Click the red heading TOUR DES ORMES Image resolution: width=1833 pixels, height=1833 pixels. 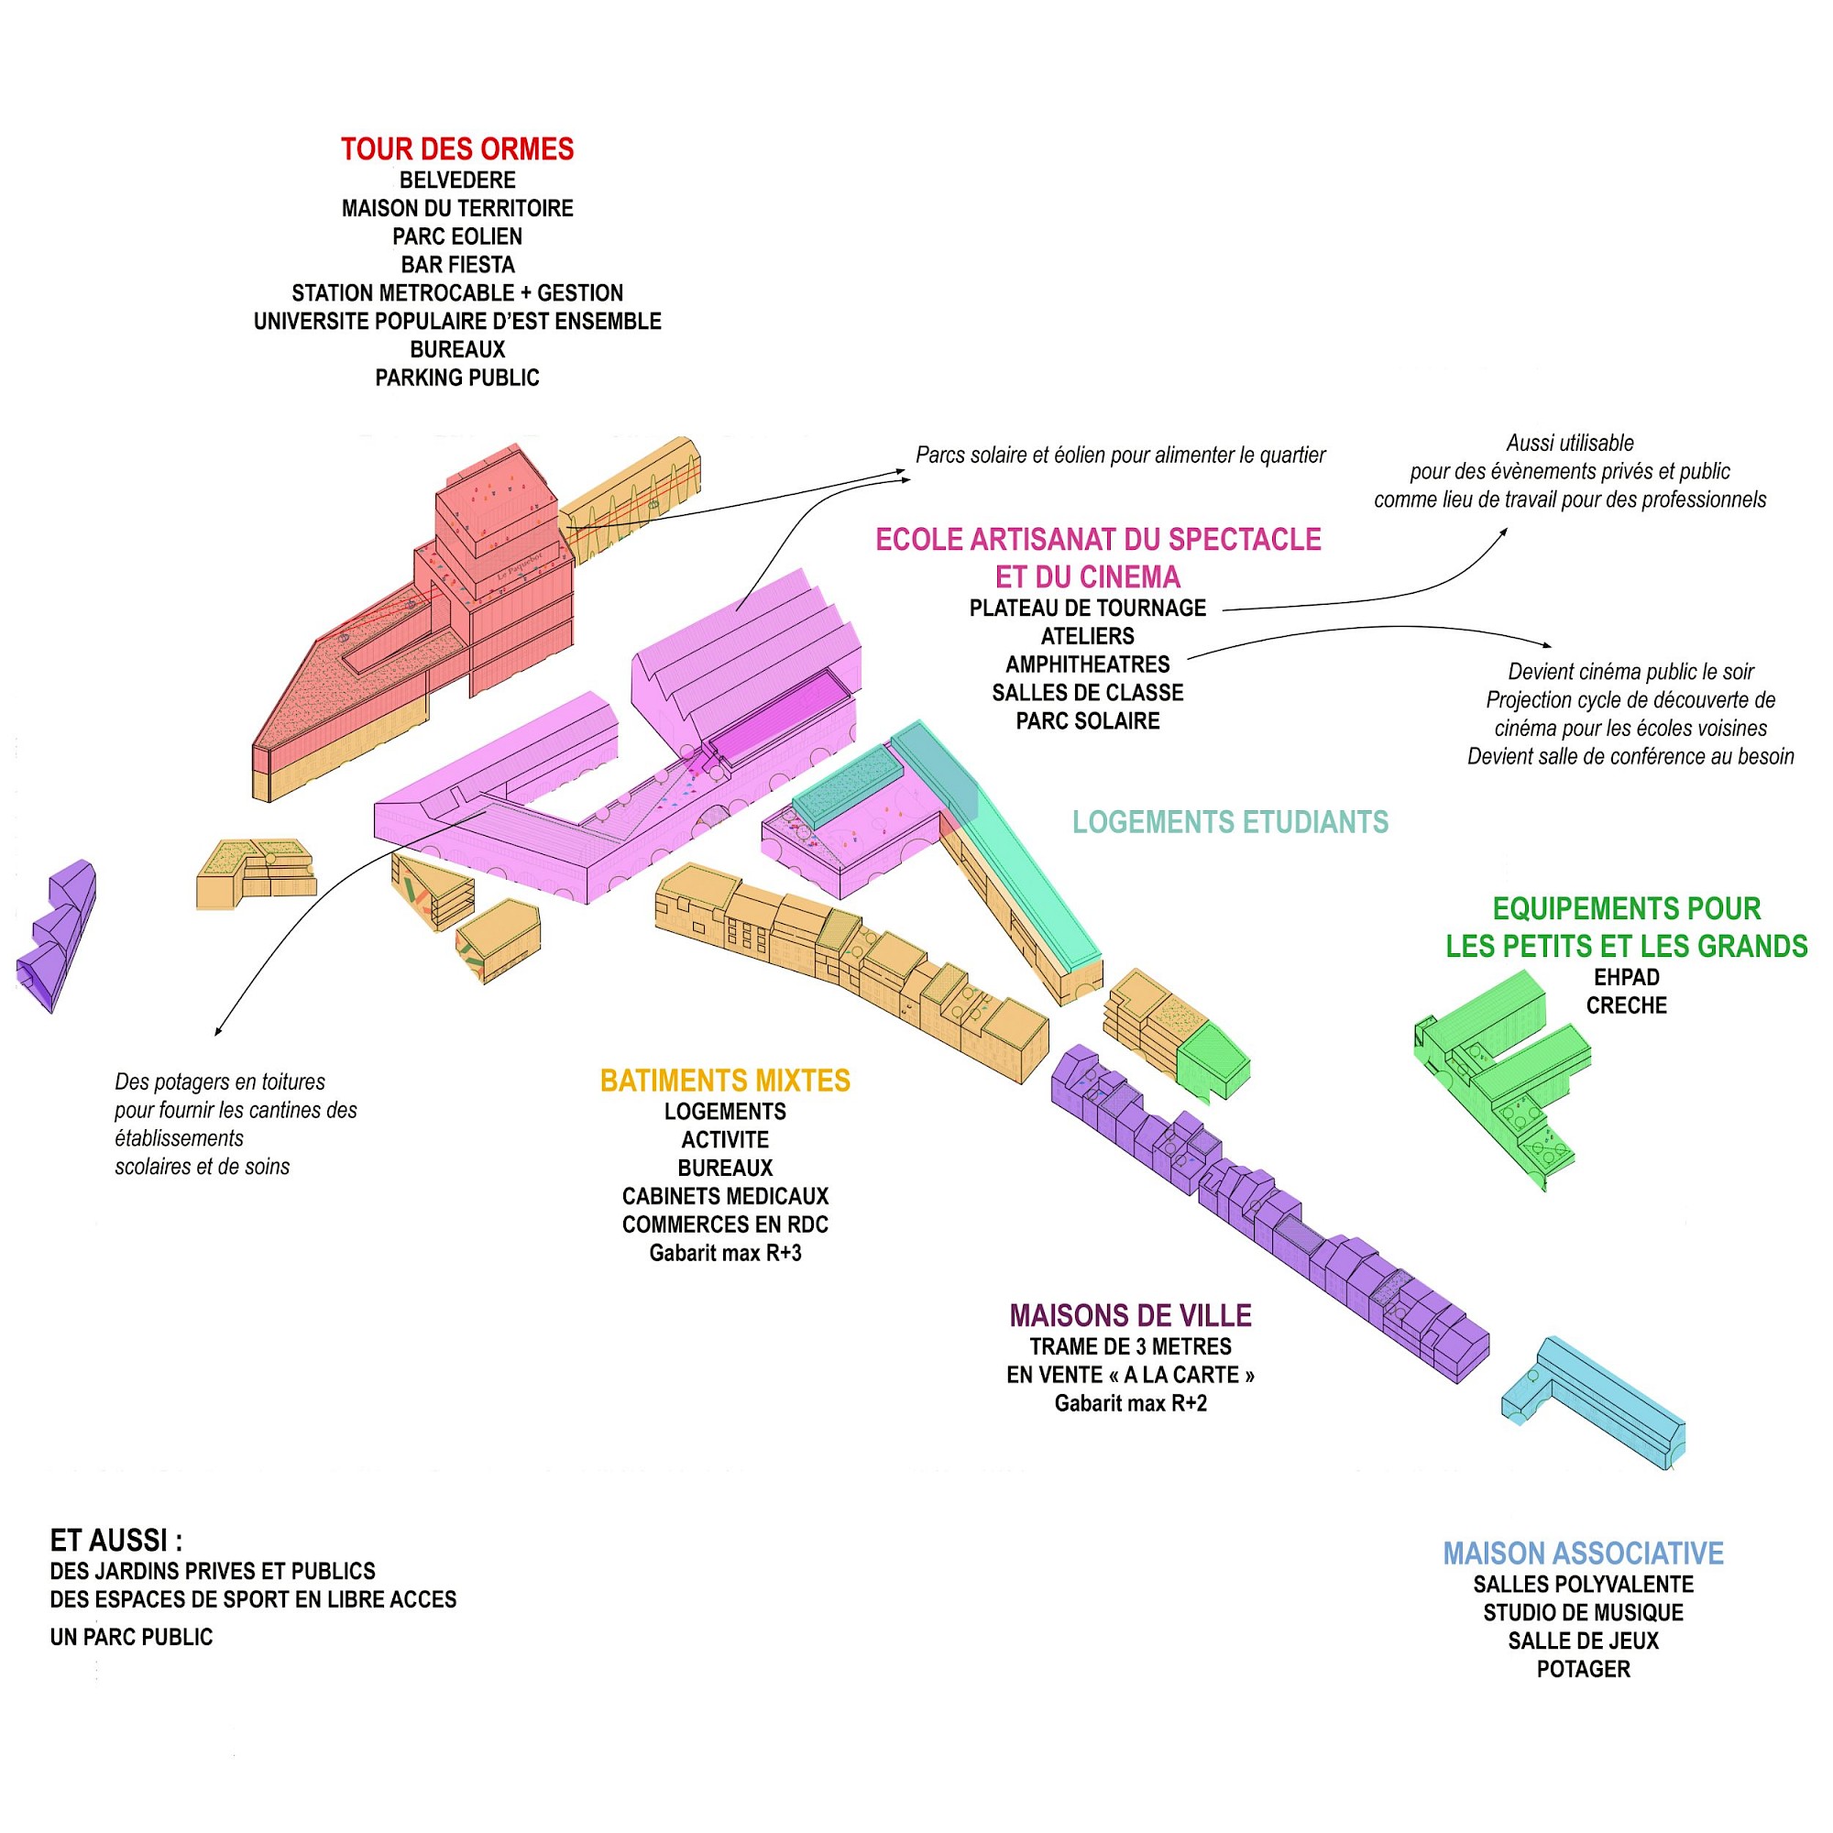coord(457,149)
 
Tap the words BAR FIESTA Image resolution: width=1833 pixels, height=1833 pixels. coord(457,265)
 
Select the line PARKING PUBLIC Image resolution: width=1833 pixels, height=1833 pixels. coord(457,378)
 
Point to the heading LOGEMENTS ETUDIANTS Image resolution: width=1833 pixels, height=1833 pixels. coord(1230,821)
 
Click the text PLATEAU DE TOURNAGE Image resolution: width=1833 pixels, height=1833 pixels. coord(1087,609)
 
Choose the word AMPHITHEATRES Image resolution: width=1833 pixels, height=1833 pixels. coord(1087,664)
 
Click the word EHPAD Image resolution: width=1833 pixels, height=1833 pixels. coord(1626,977)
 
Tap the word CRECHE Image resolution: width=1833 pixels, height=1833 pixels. coord(1626,1005)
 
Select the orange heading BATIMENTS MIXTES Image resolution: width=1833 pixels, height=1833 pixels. coord(725,1081)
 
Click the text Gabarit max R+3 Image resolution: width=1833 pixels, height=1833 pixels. coord(725,1253)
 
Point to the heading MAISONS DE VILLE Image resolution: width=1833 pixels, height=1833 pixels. coord(1130,1316)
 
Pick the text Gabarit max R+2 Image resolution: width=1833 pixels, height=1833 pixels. coord(1130,1403)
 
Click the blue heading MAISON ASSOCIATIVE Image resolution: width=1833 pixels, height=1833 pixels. coord(1583,1553)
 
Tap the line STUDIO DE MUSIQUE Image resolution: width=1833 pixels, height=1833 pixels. coord(1583,1613)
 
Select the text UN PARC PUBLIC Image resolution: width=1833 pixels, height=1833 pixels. coord(131,1637)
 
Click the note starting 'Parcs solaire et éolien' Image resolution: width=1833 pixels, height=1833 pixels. coord(1120,456)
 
